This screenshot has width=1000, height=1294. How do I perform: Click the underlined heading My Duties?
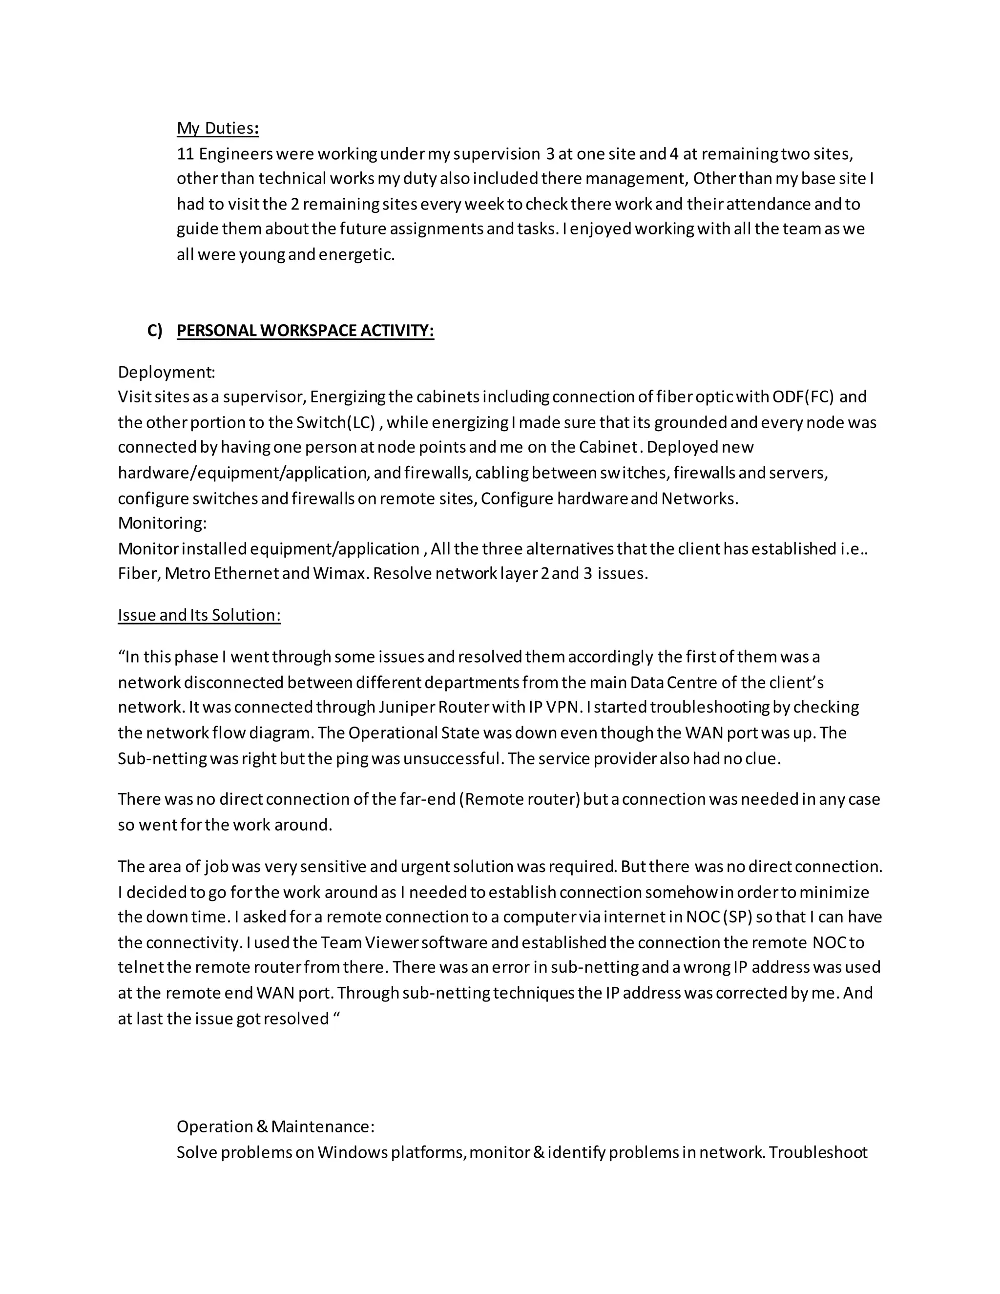pos(217,128)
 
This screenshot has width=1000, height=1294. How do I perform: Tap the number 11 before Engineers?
pos(186,154)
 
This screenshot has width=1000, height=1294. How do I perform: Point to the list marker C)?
pos(155,331)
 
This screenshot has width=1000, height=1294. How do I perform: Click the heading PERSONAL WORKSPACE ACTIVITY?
pos(305,331)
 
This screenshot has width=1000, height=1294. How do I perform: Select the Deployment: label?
pos(167,372)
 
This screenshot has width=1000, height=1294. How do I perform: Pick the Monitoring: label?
pos(162,523)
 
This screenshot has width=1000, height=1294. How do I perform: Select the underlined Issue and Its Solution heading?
pos(199,615)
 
